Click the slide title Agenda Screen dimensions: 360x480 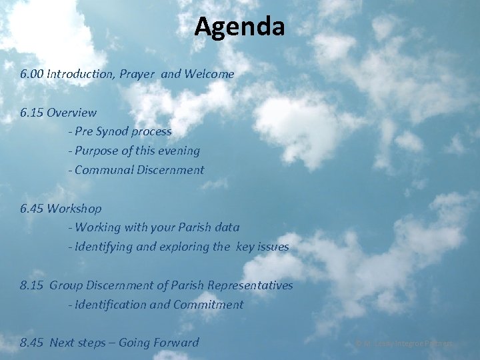pos(240,27)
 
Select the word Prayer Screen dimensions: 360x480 pos(138,74)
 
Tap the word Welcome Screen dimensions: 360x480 pos(209,74)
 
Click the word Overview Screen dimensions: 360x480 pos(72,113)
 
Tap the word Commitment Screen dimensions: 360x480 pos(208,305)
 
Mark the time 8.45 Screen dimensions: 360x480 pos(32,343)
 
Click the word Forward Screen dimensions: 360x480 pos(175,343)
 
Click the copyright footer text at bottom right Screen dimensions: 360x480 pos(404,343)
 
